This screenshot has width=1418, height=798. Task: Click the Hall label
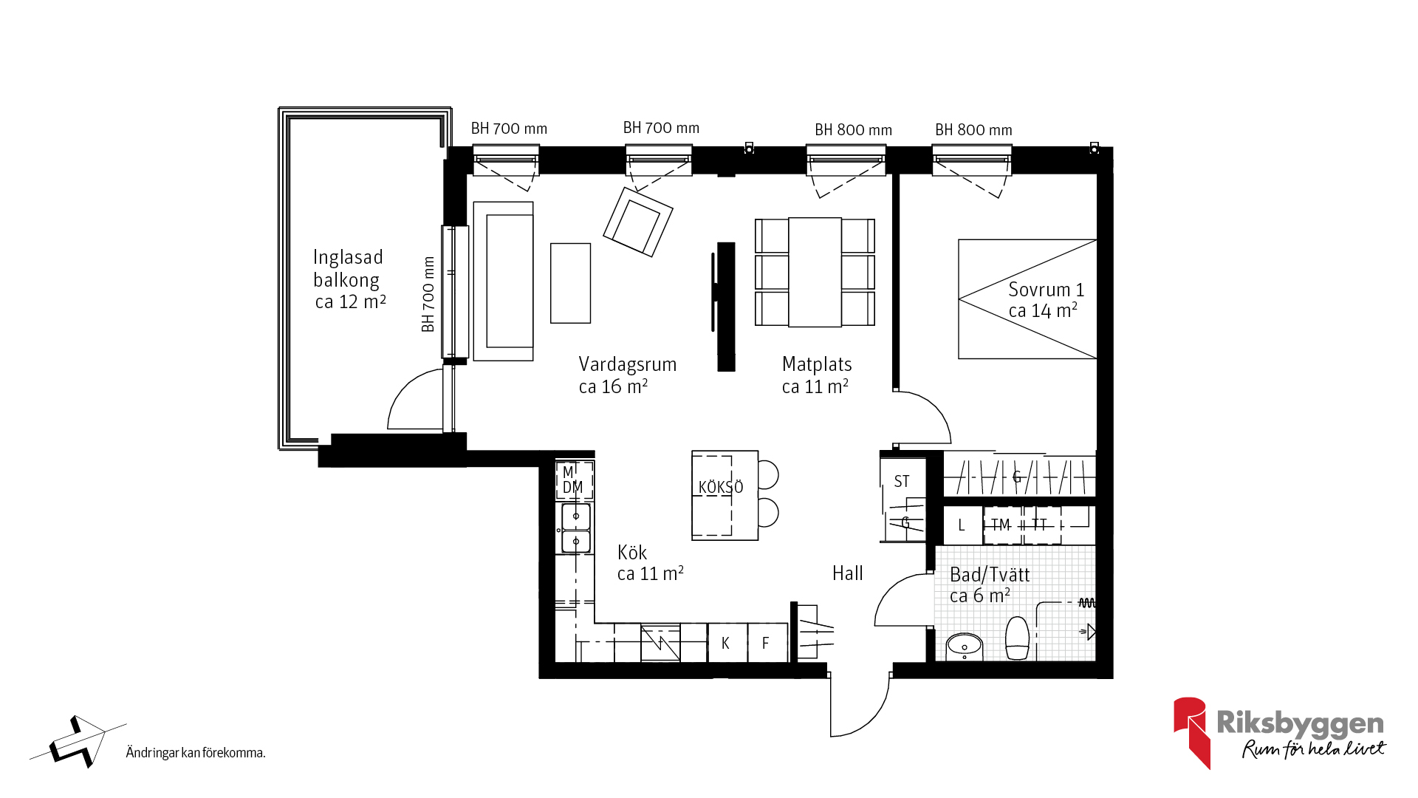(847, 573)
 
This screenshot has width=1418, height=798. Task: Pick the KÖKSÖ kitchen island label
(721, 487)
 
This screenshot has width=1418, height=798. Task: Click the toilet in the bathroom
(1017, 638)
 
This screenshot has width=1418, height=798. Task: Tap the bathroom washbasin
(965, 647)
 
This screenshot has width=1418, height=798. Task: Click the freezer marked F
(767, 643)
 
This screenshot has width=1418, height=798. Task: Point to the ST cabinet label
(902, 482)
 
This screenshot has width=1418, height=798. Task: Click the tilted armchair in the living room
(638, 222)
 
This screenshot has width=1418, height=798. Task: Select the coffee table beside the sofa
(570, 283)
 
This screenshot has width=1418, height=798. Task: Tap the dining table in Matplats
(815, 272)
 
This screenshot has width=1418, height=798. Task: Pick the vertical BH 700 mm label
(428, 294)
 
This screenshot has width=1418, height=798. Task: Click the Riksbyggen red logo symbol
(1191, 732)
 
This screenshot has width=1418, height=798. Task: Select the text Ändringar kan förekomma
(196, 752)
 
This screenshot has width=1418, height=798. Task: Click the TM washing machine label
(1001, 525)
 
